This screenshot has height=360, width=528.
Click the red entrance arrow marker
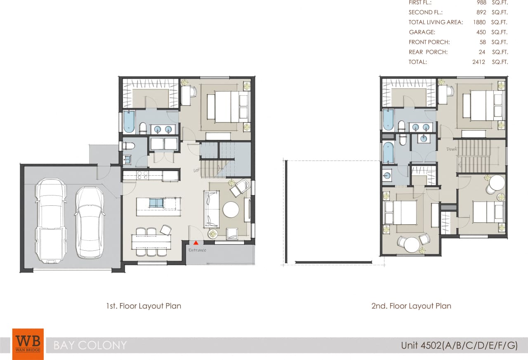click(196, 243)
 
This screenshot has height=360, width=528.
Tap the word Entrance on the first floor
click(197, 250)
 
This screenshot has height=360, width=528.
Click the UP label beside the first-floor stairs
click(197, 170)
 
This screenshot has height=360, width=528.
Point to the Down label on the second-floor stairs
click(452, 149)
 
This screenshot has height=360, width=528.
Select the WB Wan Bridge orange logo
click(28, 344)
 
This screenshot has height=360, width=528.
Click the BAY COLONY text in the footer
click(90, 345)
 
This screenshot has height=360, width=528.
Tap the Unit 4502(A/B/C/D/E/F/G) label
click(459, 345)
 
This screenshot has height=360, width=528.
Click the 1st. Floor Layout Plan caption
click(144, 306)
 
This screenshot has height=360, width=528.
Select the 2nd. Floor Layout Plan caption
click(411, 306)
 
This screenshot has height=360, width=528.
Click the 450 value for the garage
click(481, 32)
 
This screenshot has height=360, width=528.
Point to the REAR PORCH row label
click(428, 52)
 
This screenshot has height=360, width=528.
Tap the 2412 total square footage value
click(479, 62)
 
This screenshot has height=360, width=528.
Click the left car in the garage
click(51, 221)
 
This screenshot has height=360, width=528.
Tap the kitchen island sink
click(156, 203)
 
